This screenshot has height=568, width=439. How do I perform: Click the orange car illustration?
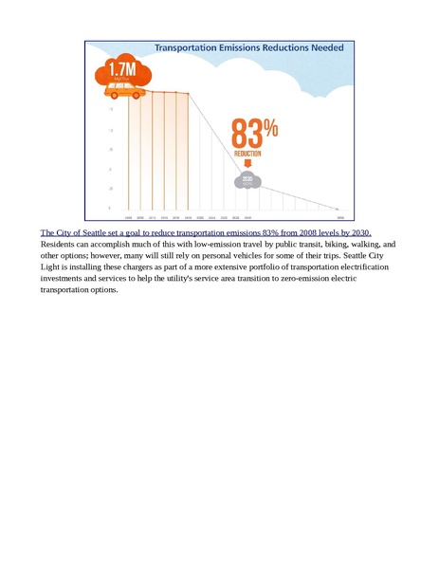pos(122,90)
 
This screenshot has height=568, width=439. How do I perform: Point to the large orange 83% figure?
pos(253,133)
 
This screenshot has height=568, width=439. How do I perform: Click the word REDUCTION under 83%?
pos(248,153)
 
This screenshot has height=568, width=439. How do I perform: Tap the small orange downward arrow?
pos(248,164)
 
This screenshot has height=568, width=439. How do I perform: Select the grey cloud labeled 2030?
pos(247,178)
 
